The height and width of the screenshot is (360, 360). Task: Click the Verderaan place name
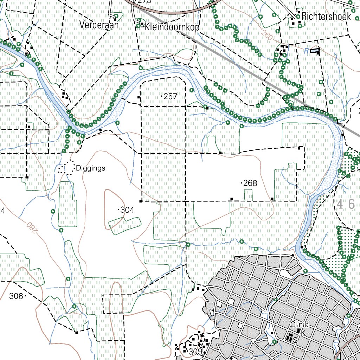(x=99, y=26)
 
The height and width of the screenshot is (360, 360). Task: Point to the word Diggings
(x=90, y=168)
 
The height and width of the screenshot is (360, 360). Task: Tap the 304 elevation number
(x=127, y=210)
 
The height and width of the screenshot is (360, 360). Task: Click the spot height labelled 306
(x=16, y=296)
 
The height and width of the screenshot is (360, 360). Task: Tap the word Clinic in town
(x=299, y=324)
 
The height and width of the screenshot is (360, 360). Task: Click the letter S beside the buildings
(x=295, y=340)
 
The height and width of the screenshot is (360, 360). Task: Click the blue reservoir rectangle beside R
(x=315, y=51)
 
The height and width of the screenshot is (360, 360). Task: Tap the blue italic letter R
(x=306, y=51)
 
